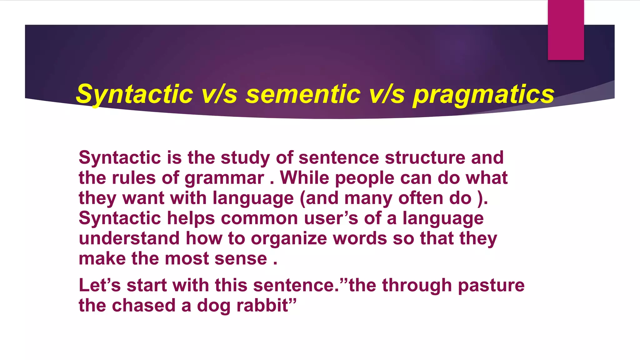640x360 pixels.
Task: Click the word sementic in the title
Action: (303, 94)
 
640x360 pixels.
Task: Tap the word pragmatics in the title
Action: (483, 95)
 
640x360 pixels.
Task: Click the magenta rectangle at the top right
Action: (566, 30)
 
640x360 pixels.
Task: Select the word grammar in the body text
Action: (224, 178)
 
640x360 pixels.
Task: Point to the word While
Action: (304, 178)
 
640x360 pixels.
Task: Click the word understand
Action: (129, 238)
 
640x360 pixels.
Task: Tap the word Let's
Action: (100, 285)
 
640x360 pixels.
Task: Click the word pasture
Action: (491, 286)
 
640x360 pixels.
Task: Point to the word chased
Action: (144, 305)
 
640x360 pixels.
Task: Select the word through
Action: (417, 286)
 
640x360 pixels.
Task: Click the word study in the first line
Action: (245, 158)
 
